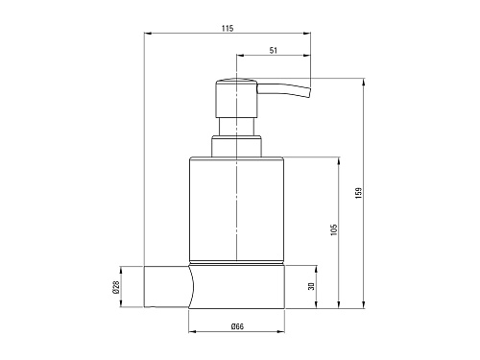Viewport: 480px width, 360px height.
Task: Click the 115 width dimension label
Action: [x=228, y=28]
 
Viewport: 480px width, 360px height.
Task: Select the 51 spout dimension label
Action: [x=274, y=50]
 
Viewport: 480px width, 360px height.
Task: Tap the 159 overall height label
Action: [x=358, y=193]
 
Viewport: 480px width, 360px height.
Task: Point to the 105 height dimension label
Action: [x=334, y=229]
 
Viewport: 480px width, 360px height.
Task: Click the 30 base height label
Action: [x=311, y=286]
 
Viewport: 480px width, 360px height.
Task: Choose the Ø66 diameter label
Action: [x=237, y=326]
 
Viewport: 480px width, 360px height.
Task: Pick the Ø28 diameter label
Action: [x=115, y=287]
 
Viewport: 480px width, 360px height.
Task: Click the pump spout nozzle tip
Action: [x=309, y=92]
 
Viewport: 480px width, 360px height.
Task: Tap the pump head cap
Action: [x=236, y=98]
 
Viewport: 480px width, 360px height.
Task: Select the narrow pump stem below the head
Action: [x=236, y=127]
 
